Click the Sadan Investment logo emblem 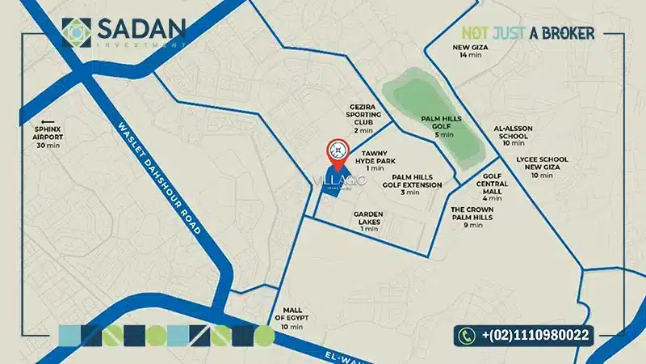(77, 33)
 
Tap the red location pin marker (336, 151)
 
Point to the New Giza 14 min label (470, 50)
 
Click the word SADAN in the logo (141, 30)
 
